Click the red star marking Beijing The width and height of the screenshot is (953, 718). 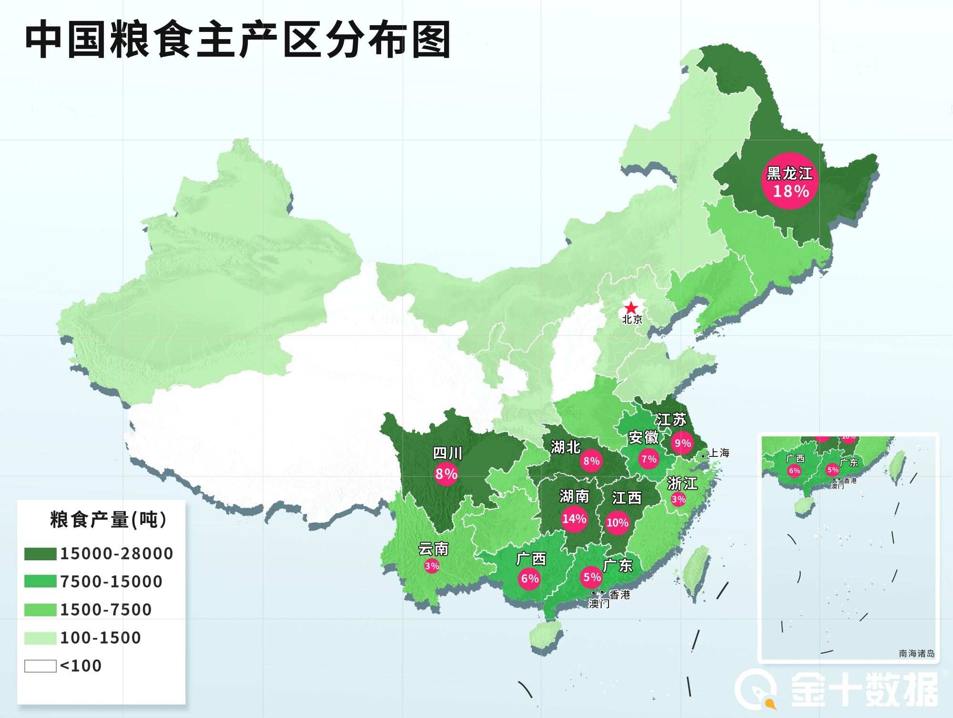pos(631,308)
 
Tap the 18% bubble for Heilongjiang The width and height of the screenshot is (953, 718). pos(790,182)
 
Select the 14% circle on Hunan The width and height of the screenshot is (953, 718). pos(574,518)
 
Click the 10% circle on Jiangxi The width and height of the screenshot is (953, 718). pos(617,523)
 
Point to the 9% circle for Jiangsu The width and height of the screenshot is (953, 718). pos(682,443)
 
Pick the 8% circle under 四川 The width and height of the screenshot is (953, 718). pos(446,474)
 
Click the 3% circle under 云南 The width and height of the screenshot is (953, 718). pos(432,566)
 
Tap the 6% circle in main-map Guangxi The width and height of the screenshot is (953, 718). pos(529,578)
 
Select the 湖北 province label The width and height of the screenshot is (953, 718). pos(566,447)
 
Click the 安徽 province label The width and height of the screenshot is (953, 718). pos(643,437)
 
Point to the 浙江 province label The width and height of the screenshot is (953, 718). pos(682,483)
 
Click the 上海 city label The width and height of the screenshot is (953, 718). pos(719,453)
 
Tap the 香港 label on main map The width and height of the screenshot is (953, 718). pos(620,595)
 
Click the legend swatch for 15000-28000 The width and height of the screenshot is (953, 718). pos(41,554)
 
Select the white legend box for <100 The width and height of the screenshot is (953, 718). pos(41,666)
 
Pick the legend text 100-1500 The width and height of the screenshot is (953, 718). pos(101,638)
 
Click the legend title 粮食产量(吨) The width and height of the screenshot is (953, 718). pos(109,520)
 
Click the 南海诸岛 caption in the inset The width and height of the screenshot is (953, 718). pos(916,653)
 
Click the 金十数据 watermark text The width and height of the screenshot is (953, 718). pos(864,689)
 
